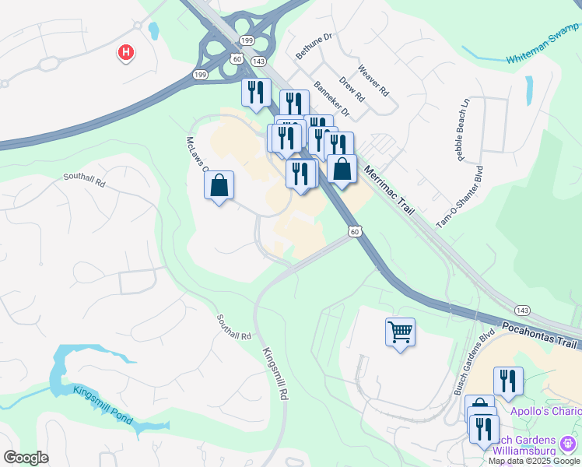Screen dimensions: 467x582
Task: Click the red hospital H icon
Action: (x=125, y=53)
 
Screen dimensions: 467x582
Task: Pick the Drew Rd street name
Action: (x=352, y=91)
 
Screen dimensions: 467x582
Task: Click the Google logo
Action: (x=26, y=458)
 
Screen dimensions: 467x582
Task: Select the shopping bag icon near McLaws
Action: (x=219, y=185)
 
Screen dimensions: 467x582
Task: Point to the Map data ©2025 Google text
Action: (x=534, y=461)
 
